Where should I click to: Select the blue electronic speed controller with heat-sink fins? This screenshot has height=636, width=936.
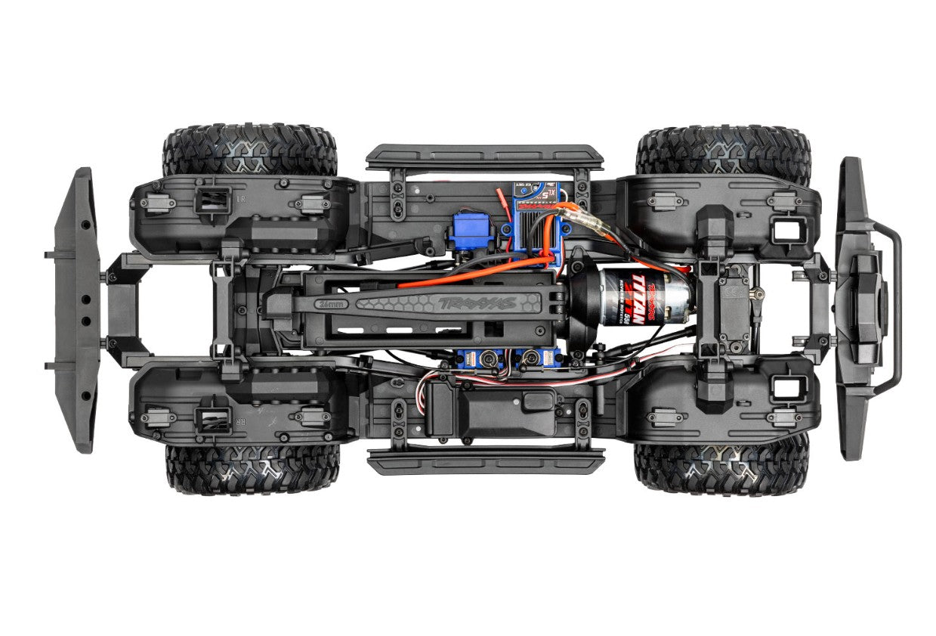(x=538, y=223)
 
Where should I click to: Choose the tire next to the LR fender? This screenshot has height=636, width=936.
(x=249, y=150)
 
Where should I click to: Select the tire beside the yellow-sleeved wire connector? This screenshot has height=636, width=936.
(x=723, y=150)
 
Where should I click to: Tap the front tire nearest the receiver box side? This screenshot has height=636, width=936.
(x=721, y=469)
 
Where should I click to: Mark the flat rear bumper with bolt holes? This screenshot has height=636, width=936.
(x=76, y=310)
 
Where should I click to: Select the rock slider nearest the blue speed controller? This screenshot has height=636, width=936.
(x=485, y=157)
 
